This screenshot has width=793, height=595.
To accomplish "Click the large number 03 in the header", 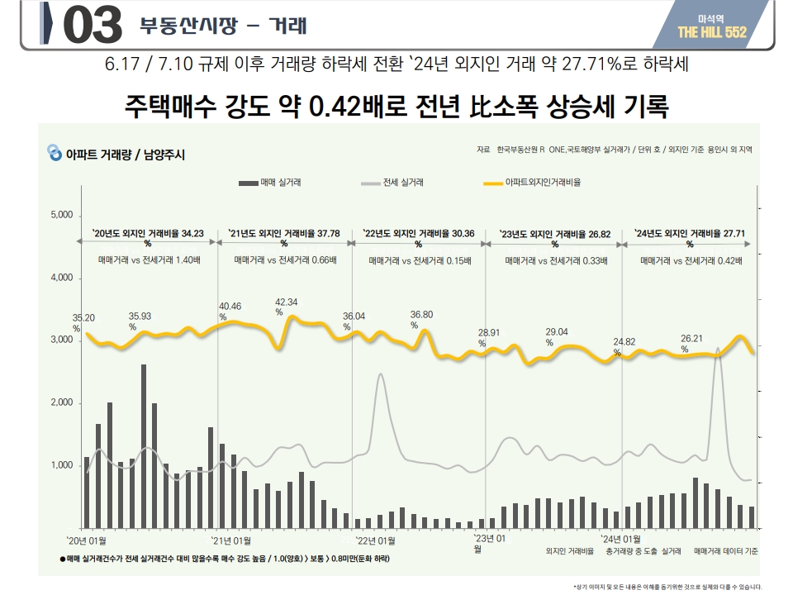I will pyautogui.click(x=92, y=26).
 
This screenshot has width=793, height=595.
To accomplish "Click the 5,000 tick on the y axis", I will pyautogui.click(x=63, y=216).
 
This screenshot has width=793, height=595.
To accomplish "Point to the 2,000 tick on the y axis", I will pyautogui.click(x=63, y=403).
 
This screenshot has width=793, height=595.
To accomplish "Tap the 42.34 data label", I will pyautogui.click(x=287, y=302).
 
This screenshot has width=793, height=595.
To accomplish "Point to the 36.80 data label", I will pyautogui.click(x=421, y=315).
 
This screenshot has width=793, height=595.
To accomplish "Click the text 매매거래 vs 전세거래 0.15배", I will pyautogui.click(x=420, y=260).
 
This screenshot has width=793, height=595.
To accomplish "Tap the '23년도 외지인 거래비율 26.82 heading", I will pyautogui.click(x=555, y=235).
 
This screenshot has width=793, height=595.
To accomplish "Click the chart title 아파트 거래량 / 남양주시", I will pyautogui.click(x=124, y=154).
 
